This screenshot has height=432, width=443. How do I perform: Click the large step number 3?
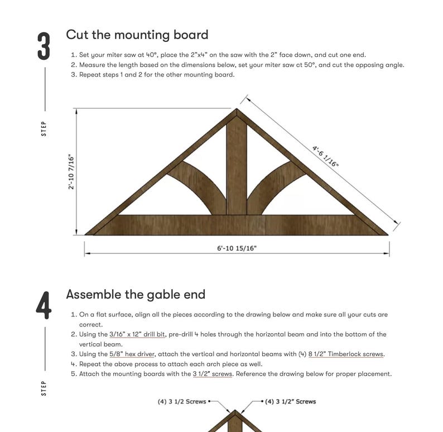(x=44, y=46)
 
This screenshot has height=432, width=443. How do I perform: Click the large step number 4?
(x=44, y=306)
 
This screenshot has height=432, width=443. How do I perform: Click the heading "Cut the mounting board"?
(x=137, y=35)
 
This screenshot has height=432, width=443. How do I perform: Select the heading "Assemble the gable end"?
(x=136, y=294)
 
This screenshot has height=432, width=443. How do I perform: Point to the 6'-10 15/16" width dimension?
(x=237, y=248)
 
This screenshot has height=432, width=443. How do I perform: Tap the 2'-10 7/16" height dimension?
(x=71, y=171)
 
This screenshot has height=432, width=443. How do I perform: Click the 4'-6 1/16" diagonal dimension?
(x=325, y=156)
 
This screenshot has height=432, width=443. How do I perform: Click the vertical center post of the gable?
(x=237, y=167)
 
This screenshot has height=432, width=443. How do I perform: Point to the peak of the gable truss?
(x=237, y=112)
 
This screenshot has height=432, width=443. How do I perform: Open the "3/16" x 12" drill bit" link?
(x=137, y=334)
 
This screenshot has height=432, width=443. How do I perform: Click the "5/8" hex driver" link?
(x=132, y=354)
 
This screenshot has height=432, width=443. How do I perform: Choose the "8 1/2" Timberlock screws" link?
(x=346, y=354)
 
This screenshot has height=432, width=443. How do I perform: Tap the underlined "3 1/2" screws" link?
(x=212, y=374)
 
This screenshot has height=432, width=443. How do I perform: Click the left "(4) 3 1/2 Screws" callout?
(x=182, y=401)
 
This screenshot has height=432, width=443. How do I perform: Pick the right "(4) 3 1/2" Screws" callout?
(x=290, y=401)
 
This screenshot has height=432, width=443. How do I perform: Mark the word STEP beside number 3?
(x=44, y=128)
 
